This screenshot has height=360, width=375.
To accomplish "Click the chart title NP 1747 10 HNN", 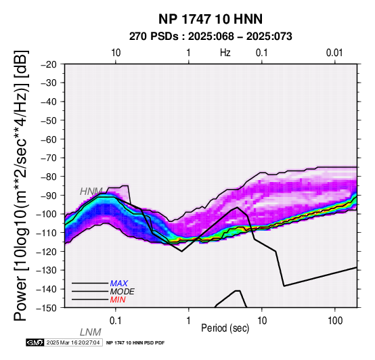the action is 211,19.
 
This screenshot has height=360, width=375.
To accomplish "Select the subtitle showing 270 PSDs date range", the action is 211,37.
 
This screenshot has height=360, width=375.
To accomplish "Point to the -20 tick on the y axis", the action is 49,64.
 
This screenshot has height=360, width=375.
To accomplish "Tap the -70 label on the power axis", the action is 49,158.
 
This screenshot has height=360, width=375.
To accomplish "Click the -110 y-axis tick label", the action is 47,233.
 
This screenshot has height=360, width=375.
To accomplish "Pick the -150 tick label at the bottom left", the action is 47,308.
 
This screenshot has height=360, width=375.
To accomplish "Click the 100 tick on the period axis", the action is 335,321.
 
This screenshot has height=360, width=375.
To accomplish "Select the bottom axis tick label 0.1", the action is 116,321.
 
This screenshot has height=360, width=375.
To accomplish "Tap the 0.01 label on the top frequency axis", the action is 334,53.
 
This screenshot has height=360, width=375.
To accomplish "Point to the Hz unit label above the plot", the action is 225,53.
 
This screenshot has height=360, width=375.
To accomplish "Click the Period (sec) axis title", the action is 225,328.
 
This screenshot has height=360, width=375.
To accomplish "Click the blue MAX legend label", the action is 119,284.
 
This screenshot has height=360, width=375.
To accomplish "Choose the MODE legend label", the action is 123,292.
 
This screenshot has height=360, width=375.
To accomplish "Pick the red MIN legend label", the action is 118,300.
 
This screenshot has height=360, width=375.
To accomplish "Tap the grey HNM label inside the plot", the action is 91,192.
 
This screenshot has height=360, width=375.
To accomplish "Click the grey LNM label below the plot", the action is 91,332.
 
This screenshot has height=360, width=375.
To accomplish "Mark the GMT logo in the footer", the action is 35,342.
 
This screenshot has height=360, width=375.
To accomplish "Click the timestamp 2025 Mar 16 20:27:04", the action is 73,342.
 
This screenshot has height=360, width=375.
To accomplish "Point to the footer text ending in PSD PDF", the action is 135,343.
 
